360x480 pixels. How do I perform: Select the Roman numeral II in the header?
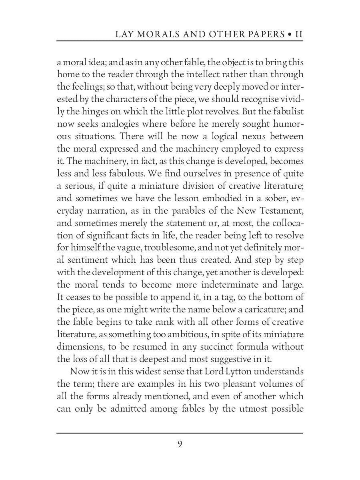(298, 34)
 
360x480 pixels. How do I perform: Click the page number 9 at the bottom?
(180, 444)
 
